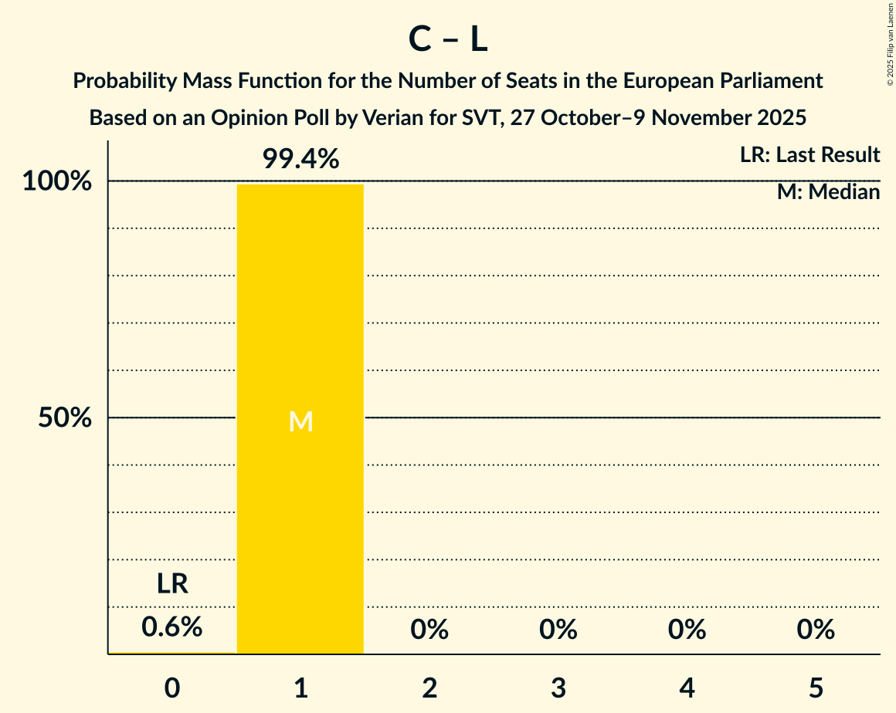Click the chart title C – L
point(448,40)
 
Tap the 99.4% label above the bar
point(300,159)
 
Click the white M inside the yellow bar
point(300,421)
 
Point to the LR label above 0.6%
point(172,584)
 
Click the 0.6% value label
point(172,628)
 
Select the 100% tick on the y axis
point(57,182)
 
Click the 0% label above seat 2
point(429,630)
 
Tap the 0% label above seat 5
point(816,630)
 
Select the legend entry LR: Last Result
point(809,155)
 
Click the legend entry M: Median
point(828,192)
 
